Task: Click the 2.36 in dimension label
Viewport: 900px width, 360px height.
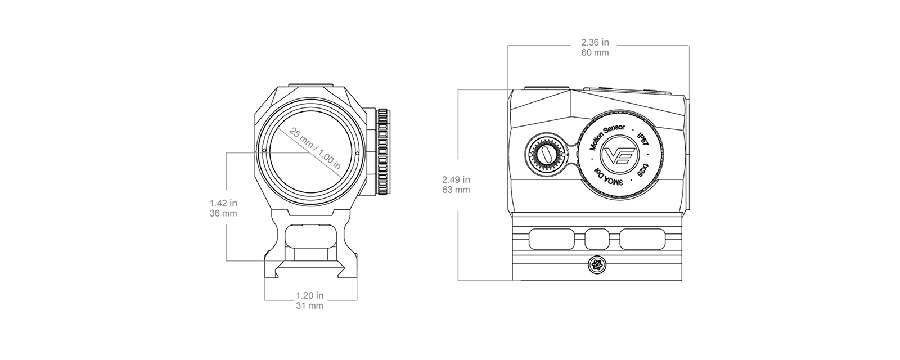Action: (595, 42)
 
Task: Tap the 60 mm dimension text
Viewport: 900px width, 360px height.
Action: (595, 53)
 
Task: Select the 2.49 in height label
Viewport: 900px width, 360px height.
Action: (456, 179)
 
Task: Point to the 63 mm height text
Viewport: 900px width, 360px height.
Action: (456, 190)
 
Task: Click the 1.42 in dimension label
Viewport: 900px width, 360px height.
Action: (223, 203)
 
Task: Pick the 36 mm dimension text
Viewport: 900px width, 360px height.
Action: (223, 213)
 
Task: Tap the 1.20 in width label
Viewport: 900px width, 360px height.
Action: (310, 295)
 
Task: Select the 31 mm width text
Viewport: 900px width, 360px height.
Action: (310, 306)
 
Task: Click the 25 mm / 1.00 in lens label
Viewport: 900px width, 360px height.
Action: (315, 149)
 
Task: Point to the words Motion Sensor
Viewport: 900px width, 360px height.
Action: (606, 137)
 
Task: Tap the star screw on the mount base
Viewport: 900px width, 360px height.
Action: (596, 265)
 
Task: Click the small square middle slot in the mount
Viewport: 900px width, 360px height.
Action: (597, 239)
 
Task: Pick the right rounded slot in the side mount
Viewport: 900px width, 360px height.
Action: (642, 239)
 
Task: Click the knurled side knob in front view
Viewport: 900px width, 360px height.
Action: (383, 152)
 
